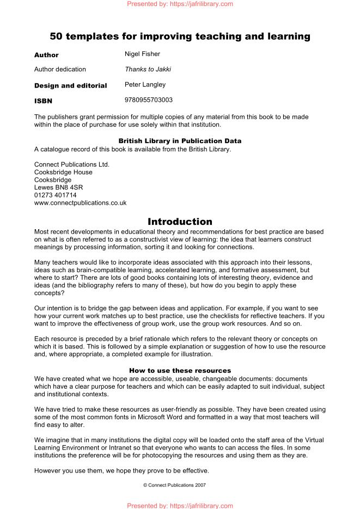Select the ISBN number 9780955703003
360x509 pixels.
pos(149,100)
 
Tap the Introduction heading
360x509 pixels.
pos(180,222)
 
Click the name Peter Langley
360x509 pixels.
pos(145,85)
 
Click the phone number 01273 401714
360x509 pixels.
pos(55,195)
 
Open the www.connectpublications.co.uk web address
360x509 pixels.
pos(80,203)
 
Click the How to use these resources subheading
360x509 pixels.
pos(180,370)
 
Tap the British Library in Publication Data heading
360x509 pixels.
pos(180,140)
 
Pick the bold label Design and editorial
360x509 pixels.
pos(70,85)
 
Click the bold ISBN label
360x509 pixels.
pos(44,101)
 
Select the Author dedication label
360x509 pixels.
pos(60,70)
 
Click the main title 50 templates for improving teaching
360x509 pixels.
pos(180,36)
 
